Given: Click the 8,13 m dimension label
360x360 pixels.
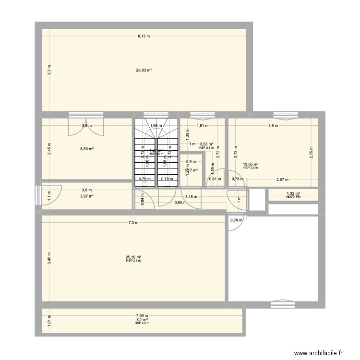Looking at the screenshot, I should coord(144,36).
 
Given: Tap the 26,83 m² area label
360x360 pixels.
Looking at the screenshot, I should coord(144,70).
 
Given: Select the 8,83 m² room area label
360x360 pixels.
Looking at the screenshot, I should coord(87,149).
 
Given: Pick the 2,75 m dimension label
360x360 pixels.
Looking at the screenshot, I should coord(311,152).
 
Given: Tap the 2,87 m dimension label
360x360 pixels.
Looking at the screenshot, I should coord(283,180).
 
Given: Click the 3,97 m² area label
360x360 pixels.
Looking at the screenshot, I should coord(87,196).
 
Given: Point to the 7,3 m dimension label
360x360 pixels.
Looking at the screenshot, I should coord(133,223).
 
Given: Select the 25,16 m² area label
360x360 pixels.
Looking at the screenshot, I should coord(133,257).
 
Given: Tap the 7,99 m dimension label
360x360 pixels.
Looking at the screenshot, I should coord(143,315).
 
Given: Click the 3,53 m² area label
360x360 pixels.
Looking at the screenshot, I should coord(207,144).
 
